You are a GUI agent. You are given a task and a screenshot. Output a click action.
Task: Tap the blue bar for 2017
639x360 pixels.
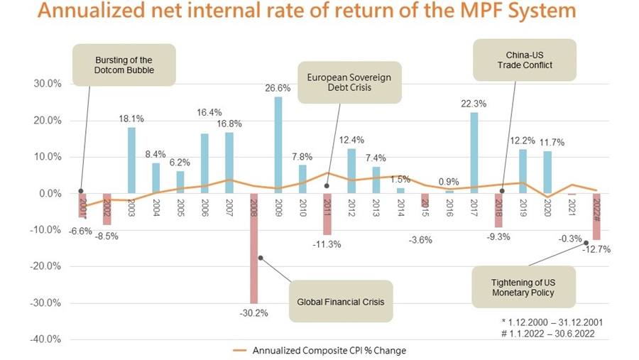click(474, 153)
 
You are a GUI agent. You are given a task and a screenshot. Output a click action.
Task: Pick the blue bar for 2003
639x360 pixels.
click(131, 160)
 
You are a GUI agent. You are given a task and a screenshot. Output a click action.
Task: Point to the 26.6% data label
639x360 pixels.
click(278, 89)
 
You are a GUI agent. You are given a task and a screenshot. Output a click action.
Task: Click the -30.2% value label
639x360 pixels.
click(253, 312)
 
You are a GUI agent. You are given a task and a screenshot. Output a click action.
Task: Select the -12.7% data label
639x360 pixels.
click(597, 249)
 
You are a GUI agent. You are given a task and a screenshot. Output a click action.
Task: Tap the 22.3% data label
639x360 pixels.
click(474, 104)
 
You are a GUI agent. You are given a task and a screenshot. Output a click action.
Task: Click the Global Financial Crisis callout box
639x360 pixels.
click(340, 302)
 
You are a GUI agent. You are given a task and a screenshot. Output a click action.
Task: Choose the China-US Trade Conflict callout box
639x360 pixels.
click(525, 60)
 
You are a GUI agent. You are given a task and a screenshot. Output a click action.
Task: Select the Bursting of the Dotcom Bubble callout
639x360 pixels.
click(124, 66)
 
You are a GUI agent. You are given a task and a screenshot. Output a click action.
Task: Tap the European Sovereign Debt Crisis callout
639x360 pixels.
click(349, 82)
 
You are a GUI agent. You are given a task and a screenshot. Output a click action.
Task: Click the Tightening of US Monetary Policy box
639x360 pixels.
click(523, 288)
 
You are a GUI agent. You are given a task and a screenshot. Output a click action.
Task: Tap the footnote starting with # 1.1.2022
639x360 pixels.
click(552, 334)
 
